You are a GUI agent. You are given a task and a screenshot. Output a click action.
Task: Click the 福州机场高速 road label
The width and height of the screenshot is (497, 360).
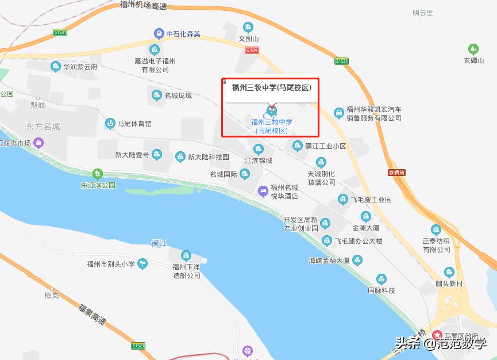click(143, 6)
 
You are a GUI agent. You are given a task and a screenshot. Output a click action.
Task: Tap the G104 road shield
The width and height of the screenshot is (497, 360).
click(252, 51)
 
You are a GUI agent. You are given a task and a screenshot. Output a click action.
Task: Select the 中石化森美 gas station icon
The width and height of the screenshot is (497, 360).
click(158, 34)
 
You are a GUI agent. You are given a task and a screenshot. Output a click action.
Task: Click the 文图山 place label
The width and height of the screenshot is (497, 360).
click(249, 39)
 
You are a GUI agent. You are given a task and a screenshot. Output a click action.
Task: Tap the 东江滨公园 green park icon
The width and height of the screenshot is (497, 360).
click(97, 173)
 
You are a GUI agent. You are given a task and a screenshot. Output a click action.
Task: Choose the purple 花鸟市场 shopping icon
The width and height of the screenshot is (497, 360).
click(38, 143)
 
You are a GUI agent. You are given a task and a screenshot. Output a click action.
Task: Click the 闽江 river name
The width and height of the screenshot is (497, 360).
click(159, 243)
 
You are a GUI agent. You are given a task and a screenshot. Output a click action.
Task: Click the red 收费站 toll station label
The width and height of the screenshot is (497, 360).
click(396, 173)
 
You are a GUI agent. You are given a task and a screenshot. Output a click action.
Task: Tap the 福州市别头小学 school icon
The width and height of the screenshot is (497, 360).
click(142, 264)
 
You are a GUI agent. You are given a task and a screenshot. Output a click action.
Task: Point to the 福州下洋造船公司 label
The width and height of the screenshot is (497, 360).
click(187, 271)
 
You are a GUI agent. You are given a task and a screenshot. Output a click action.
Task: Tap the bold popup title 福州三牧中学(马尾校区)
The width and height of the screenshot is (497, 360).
click(271, 88)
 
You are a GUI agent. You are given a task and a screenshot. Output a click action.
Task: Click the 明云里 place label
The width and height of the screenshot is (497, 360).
click(422, 13)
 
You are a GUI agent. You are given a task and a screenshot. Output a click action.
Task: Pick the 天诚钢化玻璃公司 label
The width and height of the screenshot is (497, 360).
click(321, 178)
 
